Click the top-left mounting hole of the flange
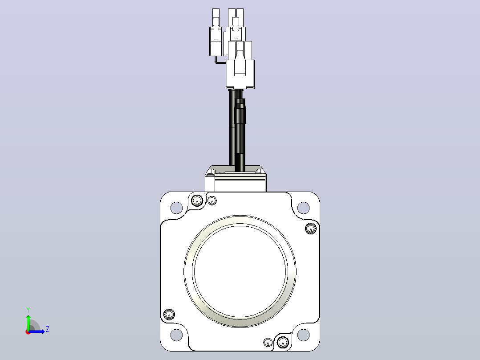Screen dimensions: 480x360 point(176,208)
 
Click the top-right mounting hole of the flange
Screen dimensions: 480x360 point(303,208)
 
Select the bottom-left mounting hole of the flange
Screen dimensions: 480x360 point(176,335)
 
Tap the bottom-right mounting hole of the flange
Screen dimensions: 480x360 point(303,335)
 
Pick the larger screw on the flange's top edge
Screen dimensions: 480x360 point(197,201)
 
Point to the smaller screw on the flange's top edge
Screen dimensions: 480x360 point(212,200)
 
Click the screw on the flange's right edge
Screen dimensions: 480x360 point(311,228)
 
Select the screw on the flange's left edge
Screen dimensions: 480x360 point(169,315)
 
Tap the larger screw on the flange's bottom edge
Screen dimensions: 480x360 point(283,342)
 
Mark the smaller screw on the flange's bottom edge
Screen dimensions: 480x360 point(268,342)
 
